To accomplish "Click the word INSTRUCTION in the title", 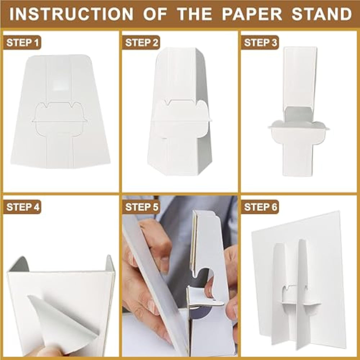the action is click(x=71, y=14).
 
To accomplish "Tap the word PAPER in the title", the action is click(x=252, y=14).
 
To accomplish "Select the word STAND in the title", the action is click(x=321, y=14).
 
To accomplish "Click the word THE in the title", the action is click(x=195, y=14).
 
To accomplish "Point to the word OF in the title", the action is click(x=155, y=14).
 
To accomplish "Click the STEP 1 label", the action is click(x=22, y=42).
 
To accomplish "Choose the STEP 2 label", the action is click(x=141, y=42).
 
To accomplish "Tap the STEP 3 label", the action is click(x=260, y=42).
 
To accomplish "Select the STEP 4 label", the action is click(x=22, y=207).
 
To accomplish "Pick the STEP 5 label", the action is click(x=141, y=207).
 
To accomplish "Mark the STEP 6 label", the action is click(x=260, y=207).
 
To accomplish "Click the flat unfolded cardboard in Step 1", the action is click(x=60, y=112).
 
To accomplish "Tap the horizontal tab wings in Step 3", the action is click(x=298, y=126).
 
